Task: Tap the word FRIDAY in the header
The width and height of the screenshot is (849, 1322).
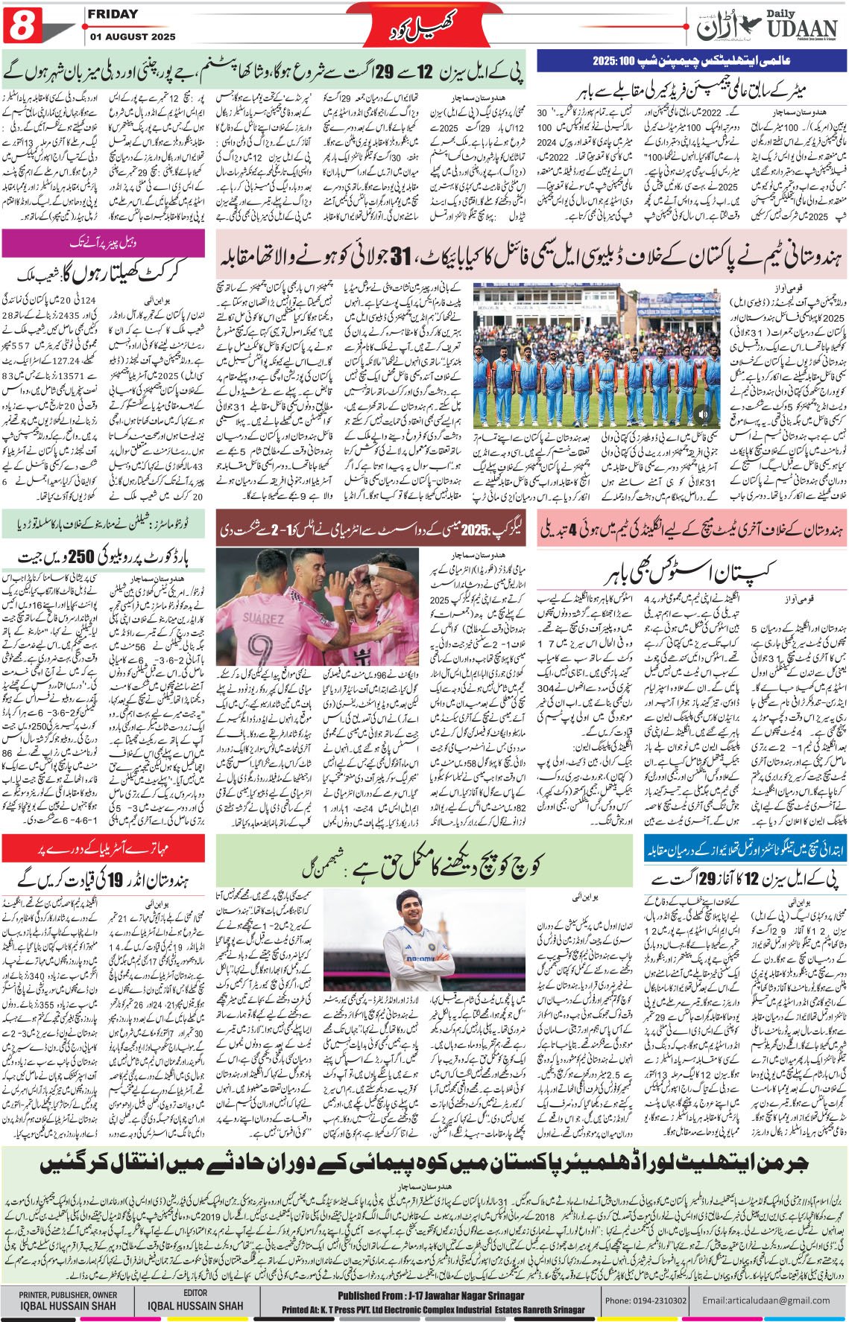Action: (113, 14)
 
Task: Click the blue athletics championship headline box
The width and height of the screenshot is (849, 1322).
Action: (691, 60)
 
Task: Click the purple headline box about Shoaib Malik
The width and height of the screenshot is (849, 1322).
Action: (104, 243)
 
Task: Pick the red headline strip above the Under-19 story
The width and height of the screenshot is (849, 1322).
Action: (104, 847)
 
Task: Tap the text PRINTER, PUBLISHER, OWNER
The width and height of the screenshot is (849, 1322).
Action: (69, 1294)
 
